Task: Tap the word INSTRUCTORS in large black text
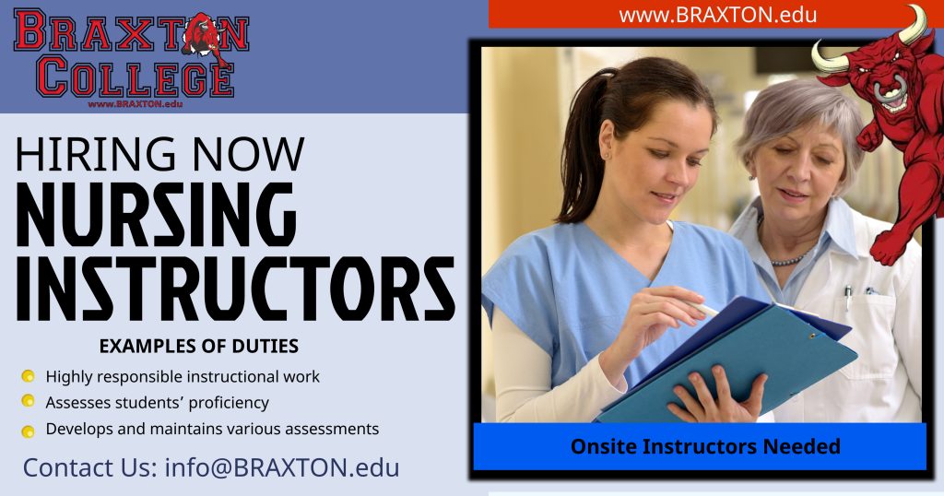[x=235, y=289]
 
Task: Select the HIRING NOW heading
[x=159, y=153]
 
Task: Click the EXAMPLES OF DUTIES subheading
[x=198, y=347]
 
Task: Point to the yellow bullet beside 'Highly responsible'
[x=28, y=376]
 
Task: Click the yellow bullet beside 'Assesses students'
[x=28, y=401]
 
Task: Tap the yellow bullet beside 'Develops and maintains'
[x=28, y=430]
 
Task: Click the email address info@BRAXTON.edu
[x=282, y=466]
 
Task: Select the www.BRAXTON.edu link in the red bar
[x=717, y=15]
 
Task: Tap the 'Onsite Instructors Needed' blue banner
[x=704, y=447]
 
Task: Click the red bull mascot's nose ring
[x=893, y=91]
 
